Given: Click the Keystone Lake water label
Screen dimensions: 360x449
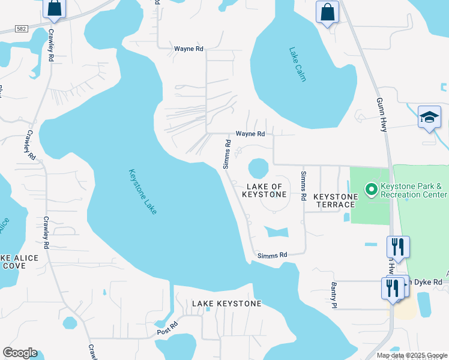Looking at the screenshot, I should pos(143,191).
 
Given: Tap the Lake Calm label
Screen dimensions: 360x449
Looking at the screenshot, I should pos(297,65).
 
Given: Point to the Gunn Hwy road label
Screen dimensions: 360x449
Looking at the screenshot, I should pos(381,115).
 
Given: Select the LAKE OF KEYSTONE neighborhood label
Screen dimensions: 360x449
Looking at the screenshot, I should pos(264,190).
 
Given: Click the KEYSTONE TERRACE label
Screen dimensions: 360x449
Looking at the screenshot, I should pos(336,200).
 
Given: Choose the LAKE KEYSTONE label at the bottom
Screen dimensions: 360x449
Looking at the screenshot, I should pos(226,304).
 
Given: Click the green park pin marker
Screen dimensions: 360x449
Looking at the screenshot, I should pos(372,190).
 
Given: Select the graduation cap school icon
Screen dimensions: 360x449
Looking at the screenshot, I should pos(430,118).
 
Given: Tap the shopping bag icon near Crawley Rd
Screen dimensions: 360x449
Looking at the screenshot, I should pos(54,8).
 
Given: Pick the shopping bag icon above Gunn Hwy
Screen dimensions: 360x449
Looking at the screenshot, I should pos(328,12).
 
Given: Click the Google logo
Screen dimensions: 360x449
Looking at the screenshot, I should pos(20,353).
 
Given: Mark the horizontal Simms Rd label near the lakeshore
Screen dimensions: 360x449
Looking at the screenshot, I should pos(273,255).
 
